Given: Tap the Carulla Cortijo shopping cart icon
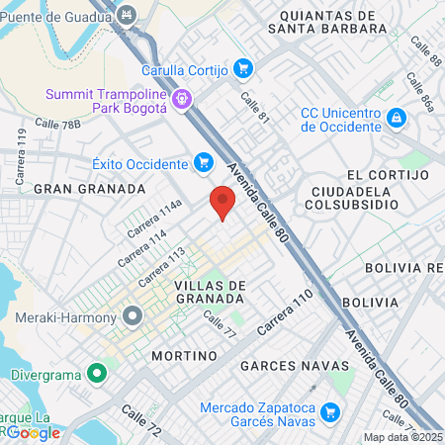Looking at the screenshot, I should point(243,69).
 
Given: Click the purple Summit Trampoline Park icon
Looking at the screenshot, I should point(182,100).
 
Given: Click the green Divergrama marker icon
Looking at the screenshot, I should point(97,375).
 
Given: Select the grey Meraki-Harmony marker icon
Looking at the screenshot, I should point(133,317).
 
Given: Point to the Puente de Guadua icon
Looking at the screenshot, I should point(127,16).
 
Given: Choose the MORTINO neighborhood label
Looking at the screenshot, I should point(184,354).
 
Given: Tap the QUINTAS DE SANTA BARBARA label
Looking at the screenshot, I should point(327,23).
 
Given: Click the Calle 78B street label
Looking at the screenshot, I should point(57,124).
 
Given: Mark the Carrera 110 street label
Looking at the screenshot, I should point(285,311).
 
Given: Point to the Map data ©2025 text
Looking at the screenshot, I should point(402,437).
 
